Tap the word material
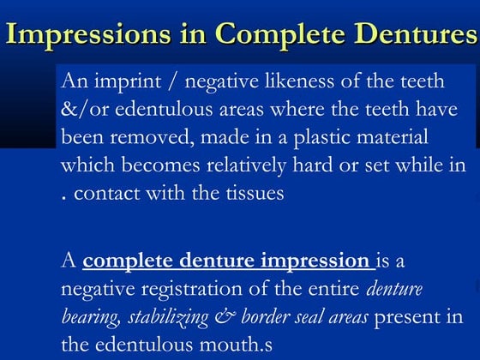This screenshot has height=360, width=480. pyautogui.click(x=384, y=137)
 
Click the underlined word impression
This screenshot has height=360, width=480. pyautogui.click(x=312, y=261)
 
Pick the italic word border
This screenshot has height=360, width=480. pyautogui.click(x=267, y=317)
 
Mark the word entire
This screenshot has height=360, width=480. pyautogui.click(x=341, y=290)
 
